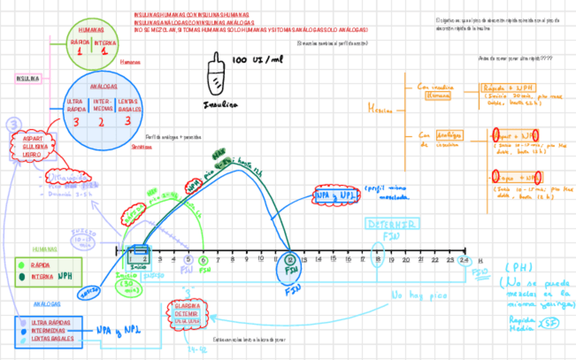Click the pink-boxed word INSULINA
(x=28, y=78)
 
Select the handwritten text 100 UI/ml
(x=257, y=60)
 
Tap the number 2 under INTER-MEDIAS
(x=101, y=123)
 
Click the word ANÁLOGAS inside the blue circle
(x=103, y=86)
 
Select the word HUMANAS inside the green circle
(x=91, y=31)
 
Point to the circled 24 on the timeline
(x=465, y=259)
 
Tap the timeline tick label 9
(x=247, y=259)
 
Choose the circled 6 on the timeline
(x=204, y=259)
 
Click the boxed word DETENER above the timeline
(x=392, y=223)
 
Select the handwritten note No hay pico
(x=416, y=295)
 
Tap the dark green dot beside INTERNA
(x=24, y=276)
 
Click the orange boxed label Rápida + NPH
(x=507, y=88)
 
